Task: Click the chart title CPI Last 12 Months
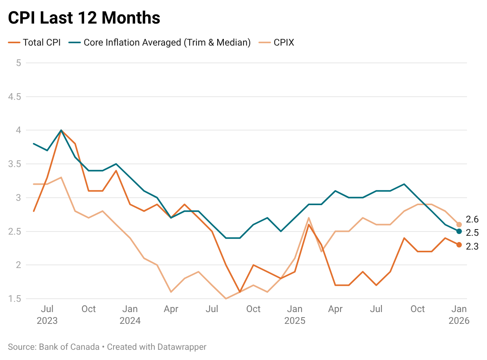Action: point(84,18)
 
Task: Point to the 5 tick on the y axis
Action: point(18,63)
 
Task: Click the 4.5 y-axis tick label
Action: point(16,97)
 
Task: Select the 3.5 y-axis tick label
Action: point(16,164)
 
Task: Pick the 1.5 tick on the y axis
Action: point(16,299)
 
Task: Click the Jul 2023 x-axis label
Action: point(47,315)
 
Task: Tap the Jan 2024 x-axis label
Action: point(130,315)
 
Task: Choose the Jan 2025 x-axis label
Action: point(295,315)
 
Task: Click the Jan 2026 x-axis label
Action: point(459,315)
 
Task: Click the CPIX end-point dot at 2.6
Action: point(459,224)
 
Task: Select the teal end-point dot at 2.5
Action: point(459,231)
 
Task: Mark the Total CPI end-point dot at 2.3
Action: point(459,245)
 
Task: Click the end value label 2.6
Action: point(472,219)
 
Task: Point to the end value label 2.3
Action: point(472,247)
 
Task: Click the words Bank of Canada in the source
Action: point(70,347)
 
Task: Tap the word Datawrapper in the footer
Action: point(182,347)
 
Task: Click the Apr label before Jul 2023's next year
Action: point(171,309)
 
